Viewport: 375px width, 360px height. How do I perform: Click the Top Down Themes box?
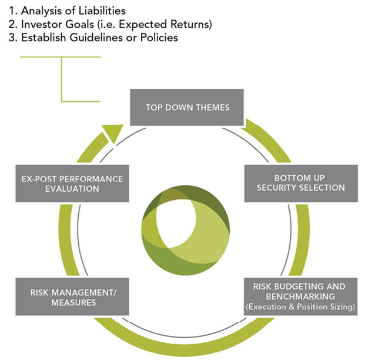[187, 107]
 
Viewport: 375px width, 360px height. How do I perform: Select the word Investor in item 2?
[37, 24]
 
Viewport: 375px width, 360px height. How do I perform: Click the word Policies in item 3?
[158, 37]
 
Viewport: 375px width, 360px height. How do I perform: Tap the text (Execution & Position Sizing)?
[301, 306]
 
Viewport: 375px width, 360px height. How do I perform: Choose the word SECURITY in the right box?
[284, 188]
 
